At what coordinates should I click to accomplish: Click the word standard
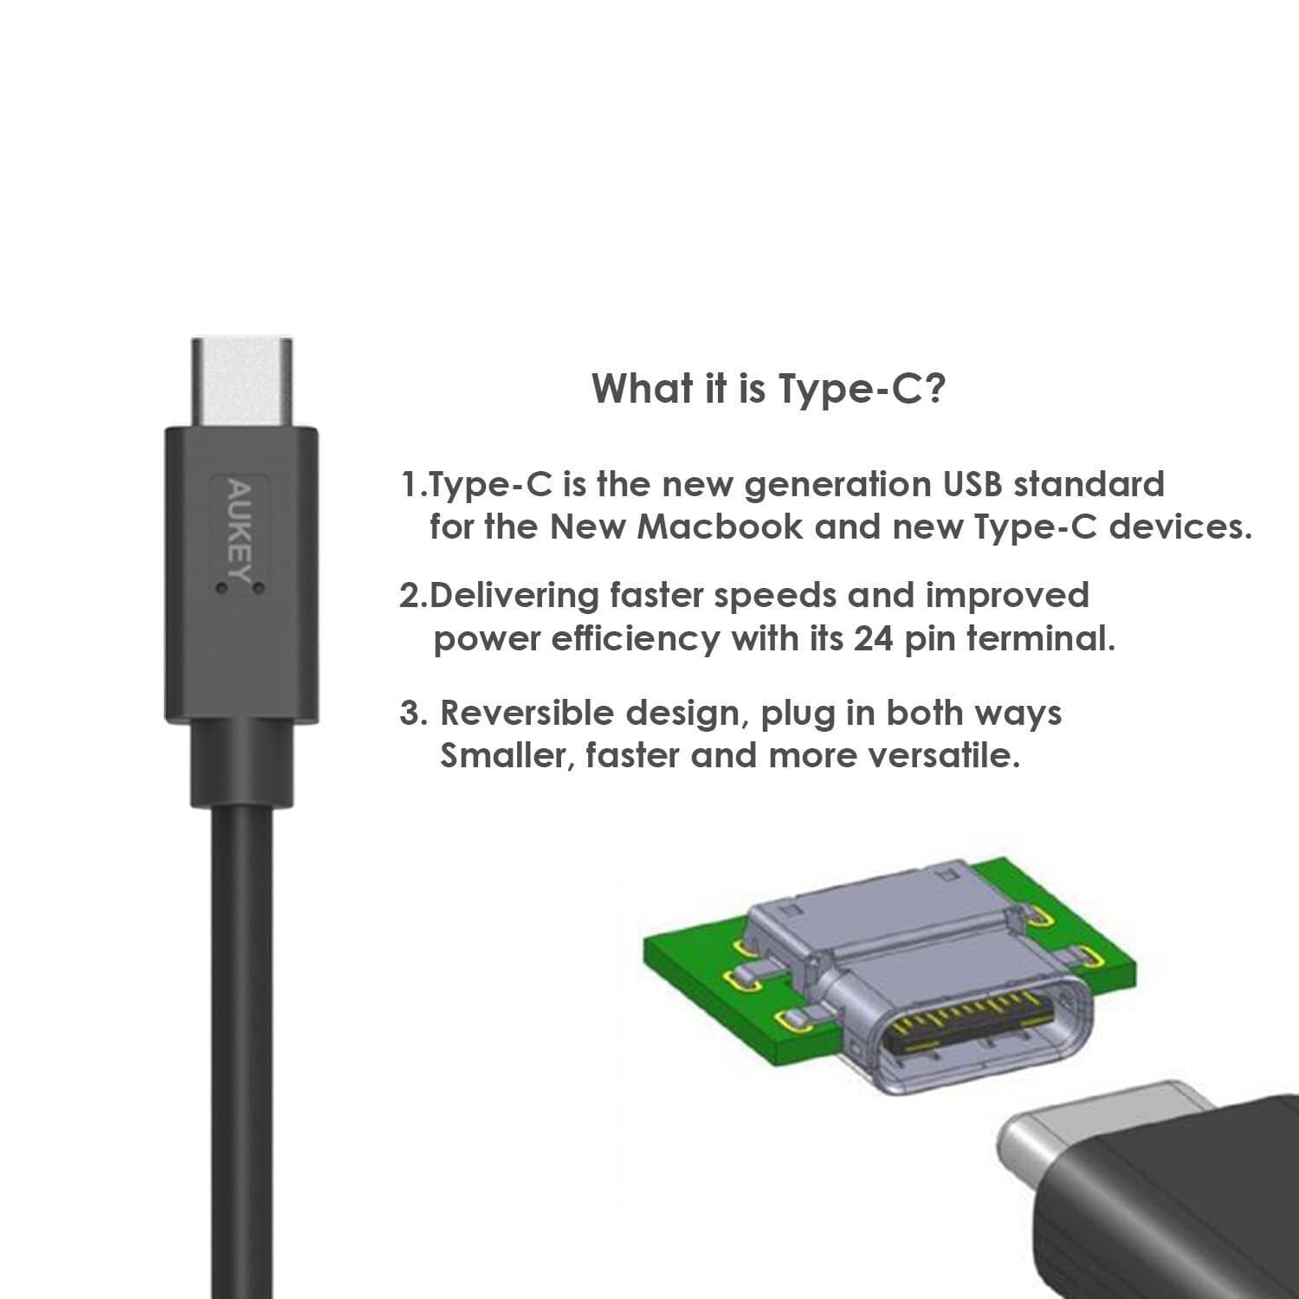[x=1089, y=484]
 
